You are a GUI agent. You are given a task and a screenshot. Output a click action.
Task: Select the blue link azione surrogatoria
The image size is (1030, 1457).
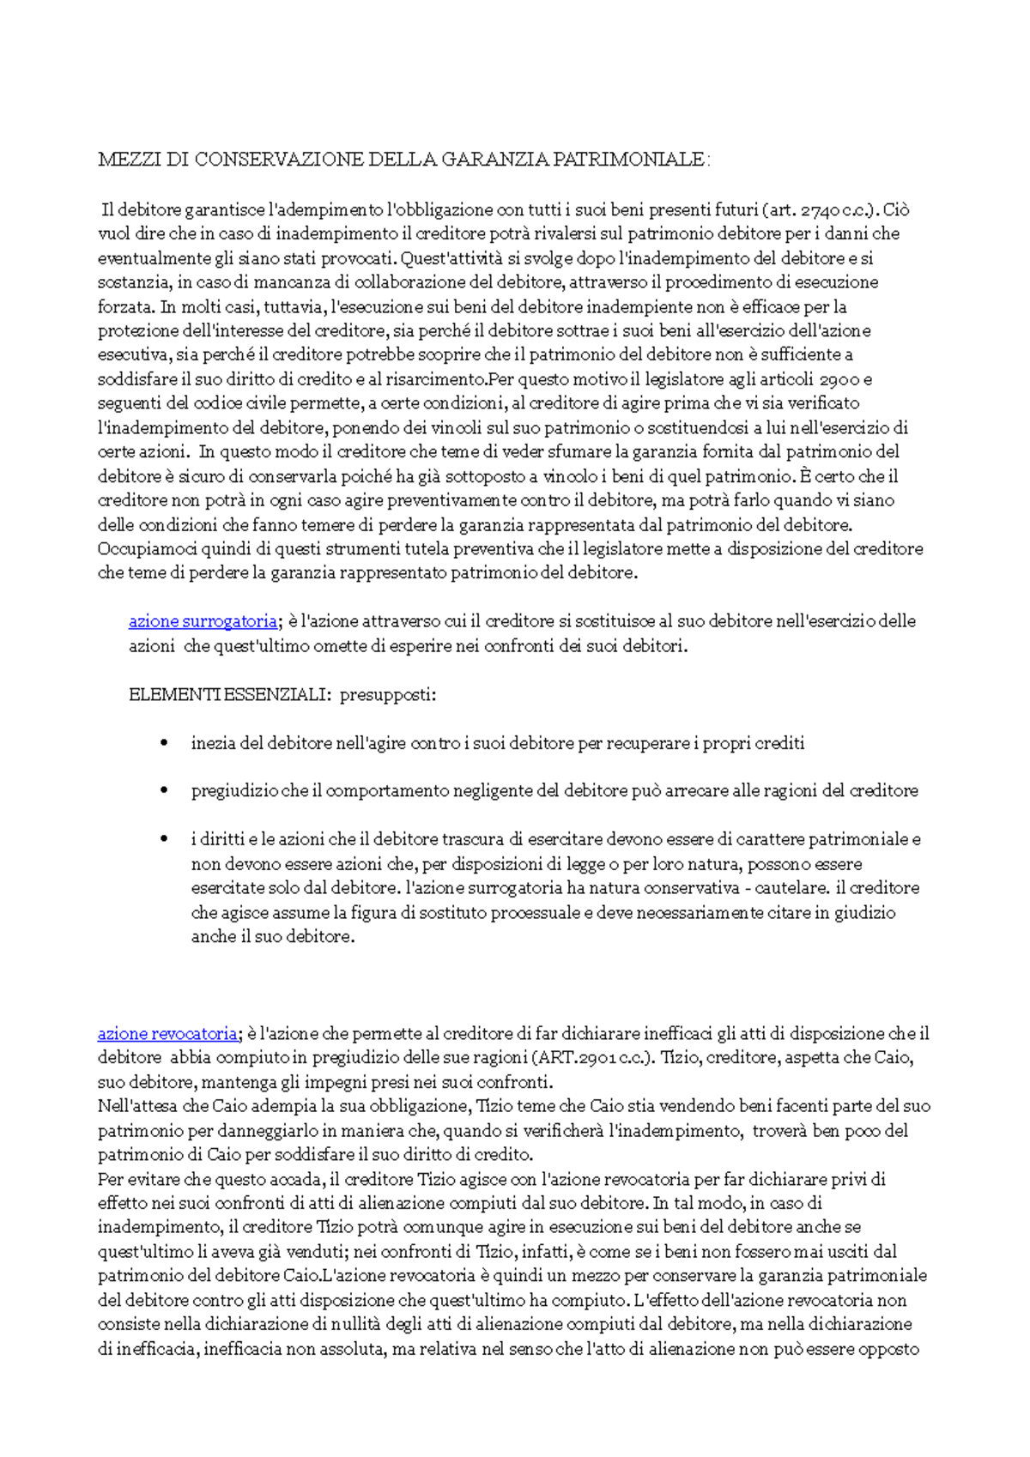pyautogui.click(x=203, y=621)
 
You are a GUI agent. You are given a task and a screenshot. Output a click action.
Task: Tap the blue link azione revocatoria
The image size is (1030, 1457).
pyautogui.click(x=167, y=1034)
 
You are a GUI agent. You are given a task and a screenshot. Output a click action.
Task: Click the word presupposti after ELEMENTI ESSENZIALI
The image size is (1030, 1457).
pyautogui.click(x=387, y=695)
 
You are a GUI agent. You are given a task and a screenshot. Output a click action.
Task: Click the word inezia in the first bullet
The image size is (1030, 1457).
pyautogui.click(x=213, y=744)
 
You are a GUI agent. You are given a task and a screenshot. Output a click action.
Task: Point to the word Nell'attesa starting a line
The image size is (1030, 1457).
pyautogui.click(x=140, y=1107)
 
